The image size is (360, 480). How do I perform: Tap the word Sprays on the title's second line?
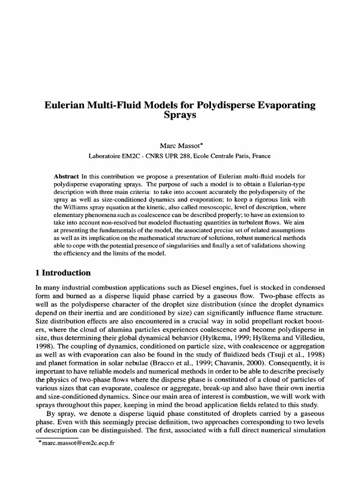180,116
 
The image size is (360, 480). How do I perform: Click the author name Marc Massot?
180,147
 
